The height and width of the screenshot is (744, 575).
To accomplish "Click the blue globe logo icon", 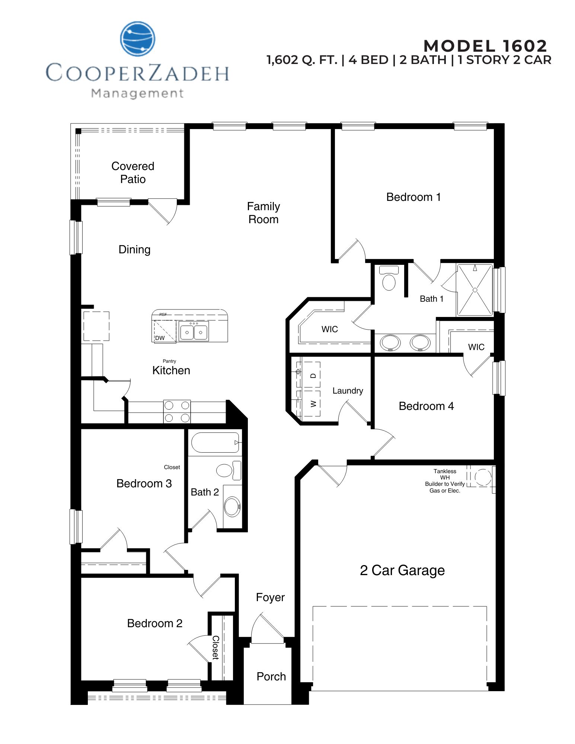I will pos(137,39).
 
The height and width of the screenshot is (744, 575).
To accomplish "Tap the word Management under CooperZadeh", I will pos(137,93).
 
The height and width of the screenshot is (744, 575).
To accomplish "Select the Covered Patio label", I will pos(133,173).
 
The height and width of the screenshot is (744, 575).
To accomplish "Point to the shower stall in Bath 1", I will pos(475,290).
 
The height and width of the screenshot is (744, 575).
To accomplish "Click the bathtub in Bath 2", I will pos(215,442).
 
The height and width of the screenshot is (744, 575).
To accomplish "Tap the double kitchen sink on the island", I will pos(194,331).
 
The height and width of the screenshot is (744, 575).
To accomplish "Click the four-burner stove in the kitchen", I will pos(177,411).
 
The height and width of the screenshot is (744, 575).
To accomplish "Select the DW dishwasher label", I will pos(160,338).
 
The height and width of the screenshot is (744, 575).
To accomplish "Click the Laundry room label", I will pos(348,391).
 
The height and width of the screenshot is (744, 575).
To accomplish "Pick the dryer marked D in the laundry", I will pos(313,376).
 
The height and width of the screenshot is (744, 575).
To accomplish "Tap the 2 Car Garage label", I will pos(402,570).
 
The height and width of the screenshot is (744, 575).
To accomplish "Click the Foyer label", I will pos(270,597).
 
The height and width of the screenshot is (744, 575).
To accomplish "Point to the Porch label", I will pos(271,676).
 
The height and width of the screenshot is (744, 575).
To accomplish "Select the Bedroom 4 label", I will pos(426,406).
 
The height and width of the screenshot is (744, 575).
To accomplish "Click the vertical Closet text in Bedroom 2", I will pos(215,648).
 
